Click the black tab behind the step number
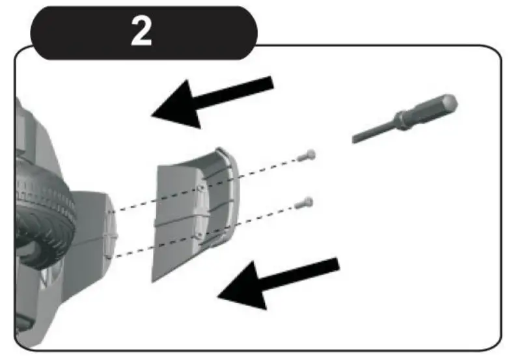(65, 31)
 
